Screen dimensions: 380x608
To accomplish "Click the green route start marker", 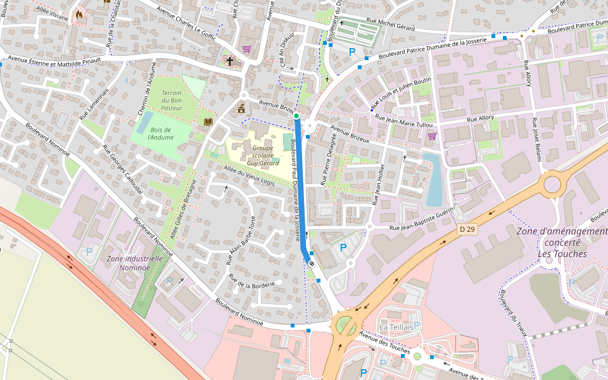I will pos(296,116).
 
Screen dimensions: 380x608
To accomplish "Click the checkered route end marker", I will pos(311,262).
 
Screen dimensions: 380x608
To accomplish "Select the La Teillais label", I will pos(396,327).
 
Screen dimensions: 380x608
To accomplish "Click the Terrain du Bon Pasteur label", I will pos(172,101).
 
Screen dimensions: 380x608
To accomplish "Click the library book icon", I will pos(208,121).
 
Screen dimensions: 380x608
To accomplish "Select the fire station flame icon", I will pos(79,14).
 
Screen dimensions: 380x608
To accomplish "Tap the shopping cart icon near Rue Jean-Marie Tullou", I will pos(432,136).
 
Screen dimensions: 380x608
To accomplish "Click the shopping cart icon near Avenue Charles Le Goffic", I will pos(246,48).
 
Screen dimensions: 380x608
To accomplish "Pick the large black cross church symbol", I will pos(229,61).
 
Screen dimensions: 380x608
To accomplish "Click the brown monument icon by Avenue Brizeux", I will pos(241,109).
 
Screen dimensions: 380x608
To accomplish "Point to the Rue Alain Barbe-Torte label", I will pos(241,240).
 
